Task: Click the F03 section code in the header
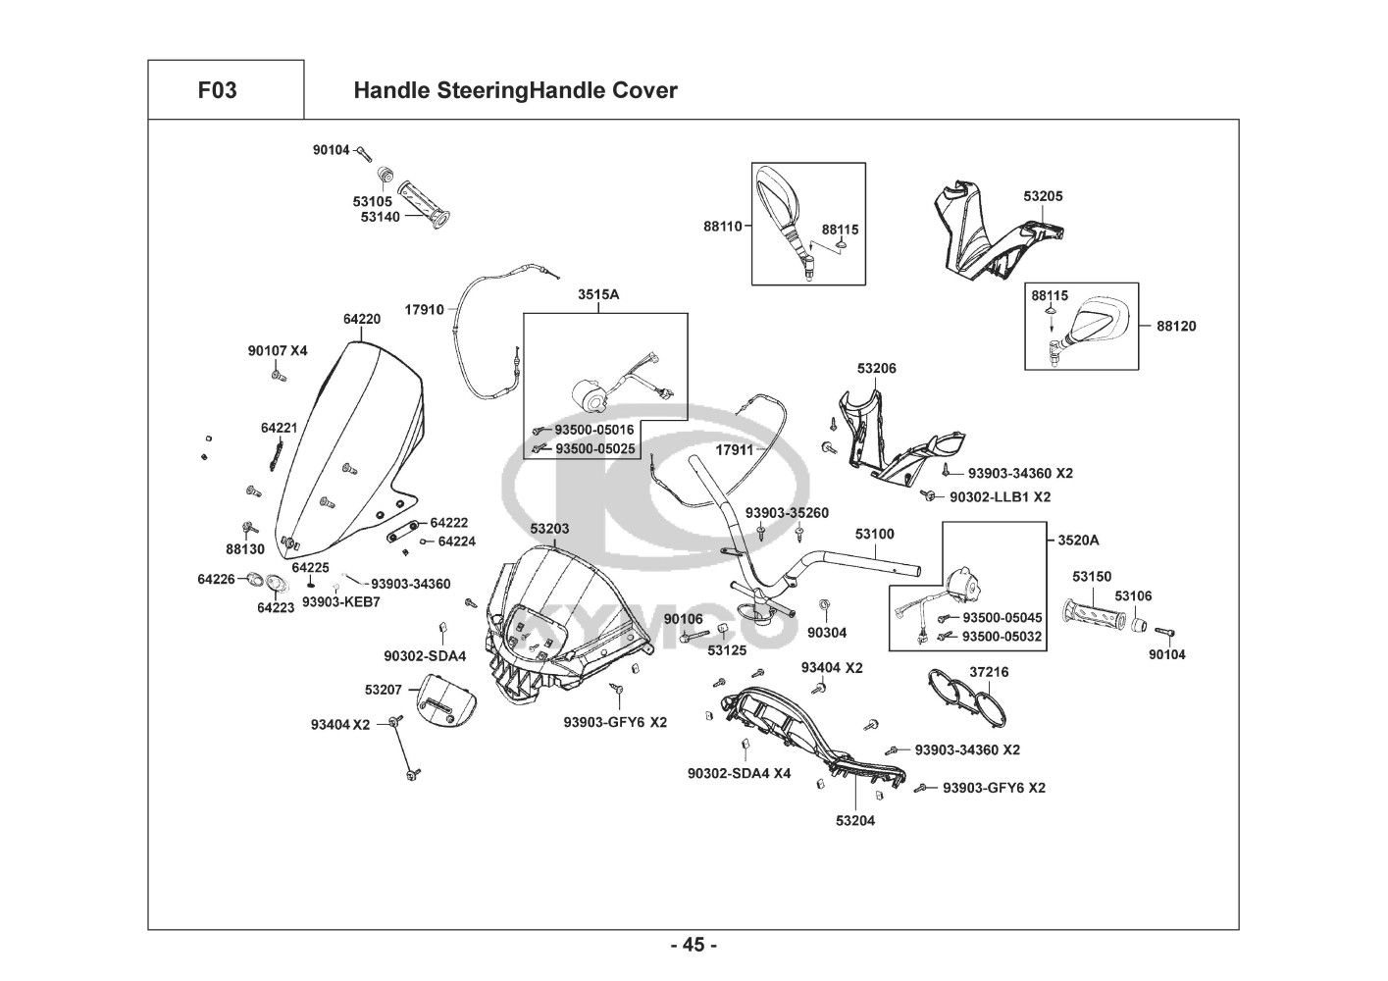tap(217, 90)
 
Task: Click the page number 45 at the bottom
tap(694, 946)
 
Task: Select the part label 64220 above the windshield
tap(362, 319)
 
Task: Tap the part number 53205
tap(1043, 196)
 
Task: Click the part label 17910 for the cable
tap(425, 310)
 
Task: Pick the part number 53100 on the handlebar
tap(874, 535)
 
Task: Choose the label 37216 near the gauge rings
tap(989, 672)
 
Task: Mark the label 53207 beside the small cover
tap(383, 690)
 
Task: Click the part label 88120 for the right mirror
tap(1176, 326)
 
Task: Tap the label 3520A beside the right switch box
tap(1078, 540)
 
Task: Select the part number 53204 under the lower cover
tap(855, 820)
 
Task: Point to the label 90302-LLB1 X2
tap(1000, 497)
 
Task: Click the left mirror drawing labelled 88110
tap(786, 219)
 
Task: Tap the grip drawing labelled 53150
tap(1093, 614)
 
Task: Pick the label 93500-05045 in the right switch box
tap(1002, 618)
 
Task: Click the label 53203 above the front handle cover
tap(549, 529)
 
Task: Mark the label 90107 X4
tap(278, 350)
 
